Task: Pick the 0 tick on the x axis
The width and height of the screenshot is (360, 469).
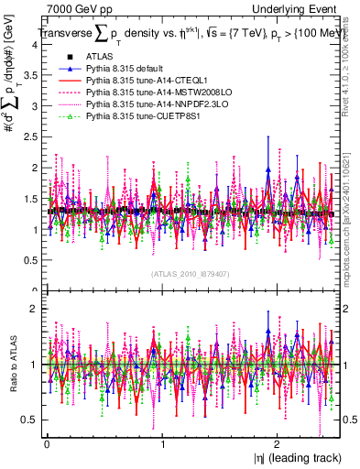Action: pos(46,443)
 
